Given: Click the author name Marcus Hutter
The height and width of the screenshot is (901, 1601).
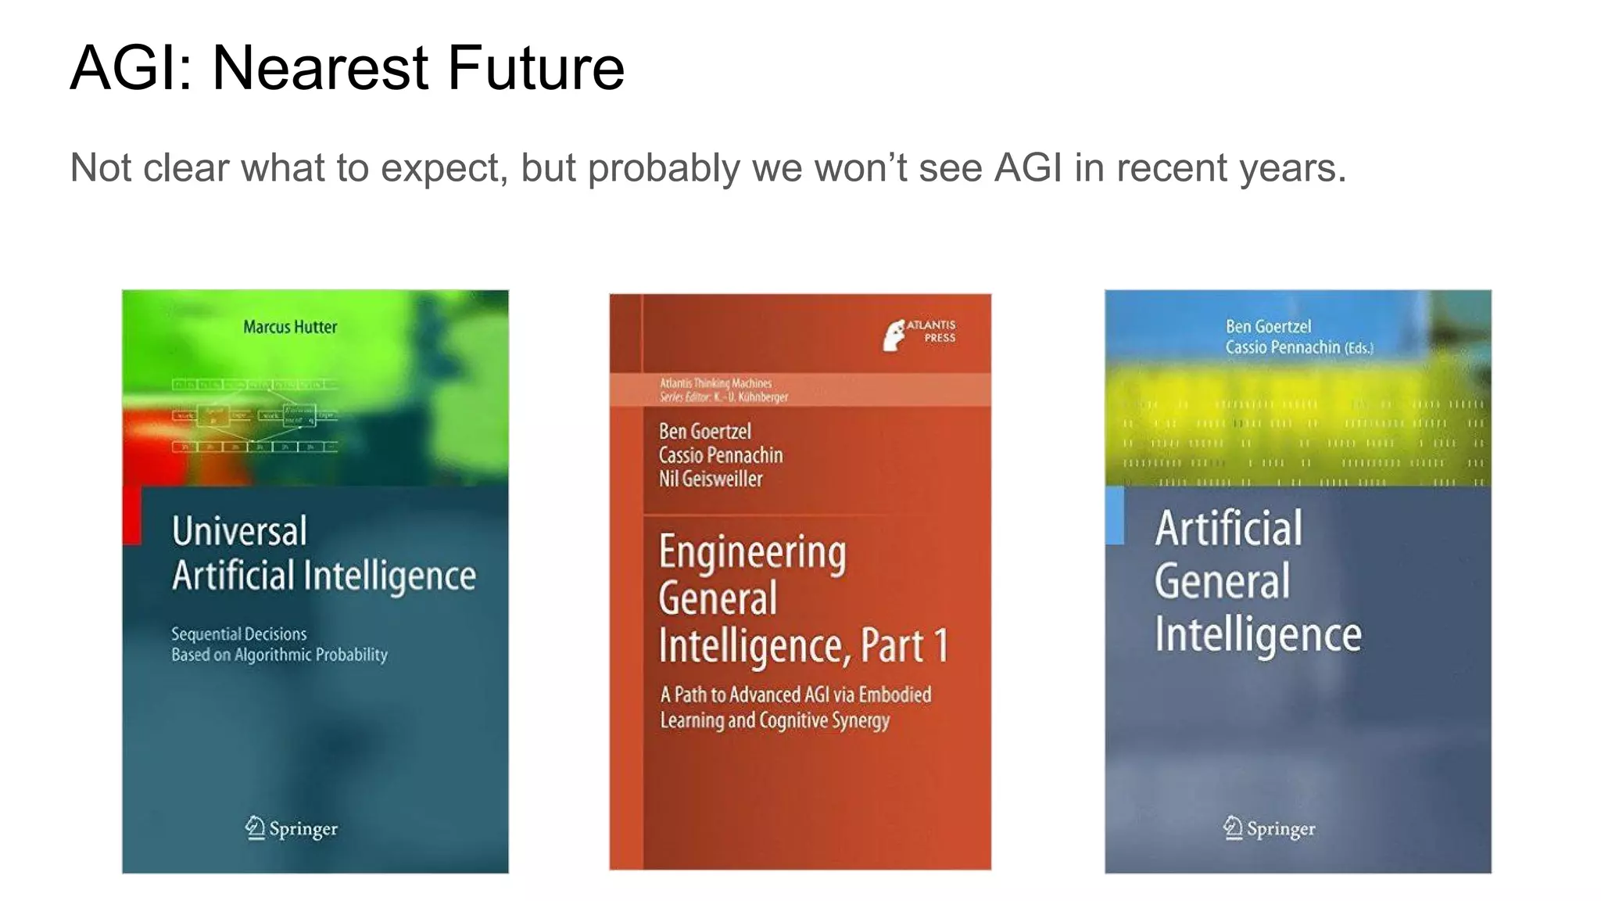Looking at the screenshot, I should (x=290, y=327).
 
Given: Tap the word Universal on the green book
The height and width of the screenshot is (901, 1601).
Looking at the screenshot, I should (x=239, y=531).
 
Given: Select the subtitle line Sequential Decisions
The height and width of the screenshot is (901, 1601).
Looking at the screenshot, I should (x=238, y=634).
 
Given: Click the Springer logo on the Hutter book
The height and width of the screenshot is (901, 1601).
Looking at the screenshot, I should (x=291, y=827).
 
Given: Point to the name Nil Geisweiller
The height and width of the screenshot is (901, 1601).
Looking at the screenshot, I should (x=710, y=479).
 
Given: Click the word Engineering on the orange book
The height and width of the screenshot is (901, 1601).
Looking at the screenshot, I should (x=752, y=552).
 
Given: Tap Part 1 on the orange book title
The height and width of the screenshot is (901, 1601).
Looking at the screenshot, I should (x=904, y=646).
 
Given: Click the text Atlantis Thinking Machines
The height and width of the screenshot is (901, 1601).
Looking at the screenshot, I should (x=715, y=383).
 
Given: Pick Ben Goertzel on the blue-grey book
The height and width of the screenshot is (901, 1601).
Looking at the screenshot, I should (x=1268, y=326).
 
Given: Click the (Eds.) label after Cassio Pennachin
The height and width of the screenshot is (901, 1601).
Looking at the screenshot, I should (x=1359, y=348).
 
